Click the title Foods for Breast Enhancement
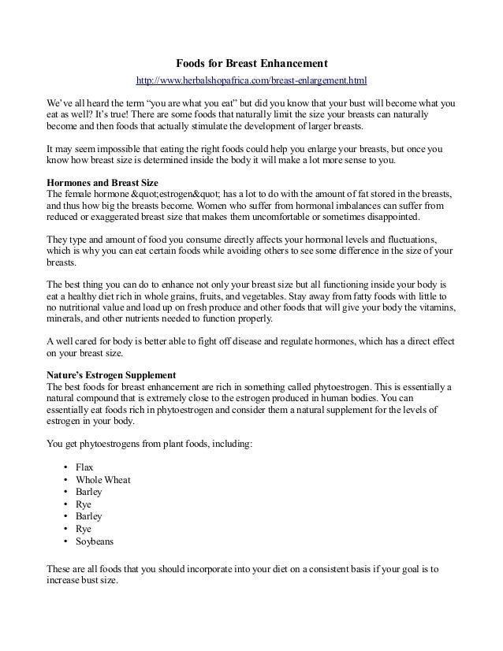tap(251, 63)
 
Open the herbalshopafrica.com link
tap(251, 80)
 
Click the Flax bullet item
tap(84, 467)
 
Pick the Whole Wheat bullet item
tap(102, 479)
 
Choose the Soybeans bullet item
tap(95, 542)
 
